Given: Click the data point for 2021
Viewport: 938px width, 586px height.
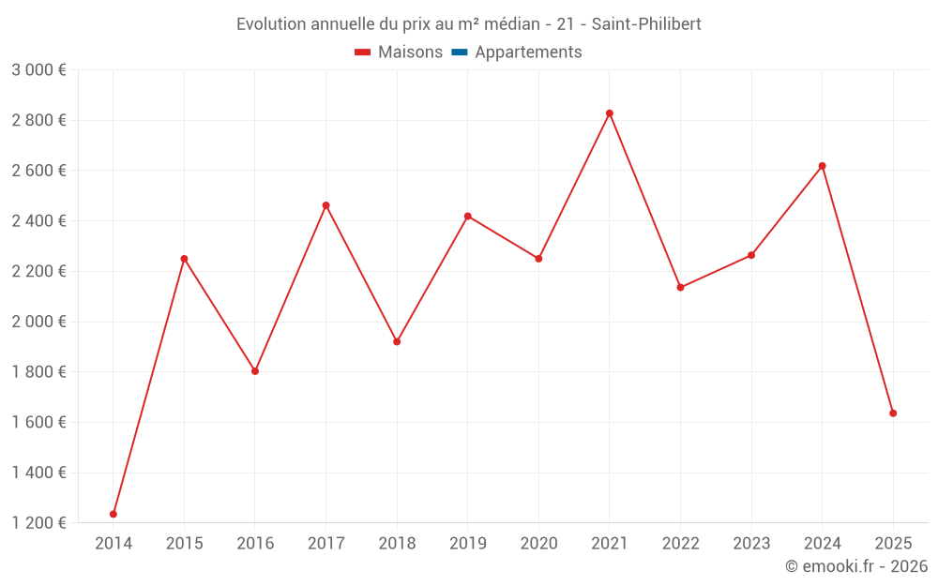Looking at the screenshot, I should click(x=610, y=113).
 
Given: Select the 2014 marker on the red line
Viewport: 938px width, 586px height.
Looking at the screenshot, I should click(x=113, y=514).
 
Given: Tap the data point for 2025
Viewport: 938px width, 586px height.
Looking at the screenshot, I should click(x=893, y=413).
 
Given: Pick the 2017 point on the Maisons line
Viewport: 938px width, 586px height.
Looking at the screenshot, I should click(x=325, y=205).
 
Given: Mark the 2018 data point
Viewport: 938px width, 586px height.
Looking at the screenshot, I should click(x=397, y=341).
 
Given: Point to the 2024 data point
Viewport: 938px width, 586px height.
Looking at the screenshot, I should click(x=822, y=166).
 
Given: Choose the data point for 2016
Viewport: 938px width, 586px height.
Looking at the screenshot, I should click(x=255, y=371).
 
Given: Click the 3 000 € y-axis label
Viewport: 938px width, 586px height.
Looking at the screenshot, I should click(x=38, y=70).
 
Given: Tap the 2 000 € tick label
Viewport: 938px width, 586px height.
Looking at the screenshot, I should click(x=38, y=322).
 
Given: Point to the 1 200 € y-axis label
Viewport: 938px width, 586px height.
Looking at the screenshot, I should click(x=38, y=523).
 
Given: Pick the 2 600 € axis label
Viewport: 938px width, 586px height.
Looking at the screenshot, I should click(x=38, y=171).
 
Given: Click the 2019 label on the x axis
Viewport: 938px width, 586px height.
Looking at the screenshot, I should click(x=468, y=544).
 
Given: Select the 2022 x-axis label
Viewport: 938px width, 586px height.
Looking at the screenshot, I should click(x=680, y=544).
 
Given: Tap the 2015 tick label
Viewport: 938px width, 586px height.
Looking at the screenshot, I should click(x=184, y=544).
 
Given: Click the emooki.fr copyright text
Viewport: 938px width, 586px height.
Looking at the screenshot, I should click(x=856, y=566).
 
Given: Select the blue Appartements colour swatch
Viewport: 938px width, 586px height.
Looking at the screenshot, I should click(x=460, y=53).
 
